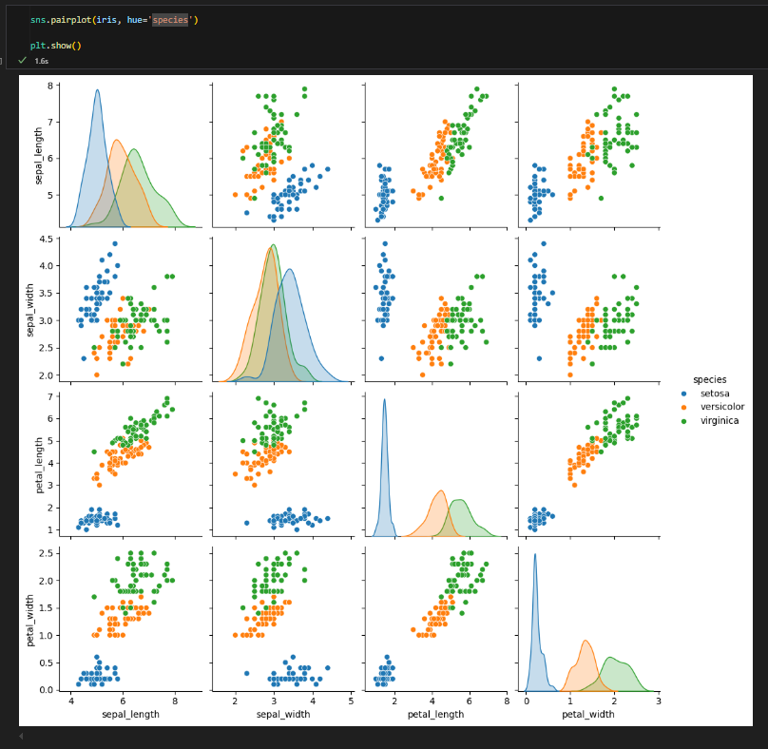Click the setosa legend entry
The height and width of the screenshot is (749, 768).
(x=716, y=394)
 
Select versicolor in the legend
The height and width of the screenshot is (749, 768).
(x=722, y=407)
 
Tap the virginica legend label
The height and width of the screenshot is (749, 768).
(x=720, y=420)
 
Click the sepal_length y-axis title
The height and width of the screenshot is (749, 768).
(x=39, y=157)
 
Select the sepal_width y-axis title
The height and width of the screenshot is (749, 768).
(x=39, y=307)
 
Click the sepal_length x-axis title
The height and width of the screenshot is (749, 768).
(x=123, y=714)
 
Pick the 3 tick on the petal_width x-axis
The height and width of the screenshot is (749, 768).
(x=657, y=701)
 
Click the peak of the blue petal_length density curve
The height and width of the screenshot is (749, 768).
(x=385, y=399)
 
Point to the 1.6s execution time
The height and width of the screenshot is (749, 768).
(x=42, y=60)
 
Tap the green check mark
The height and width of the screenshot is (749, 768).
(x=22, y=60)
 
